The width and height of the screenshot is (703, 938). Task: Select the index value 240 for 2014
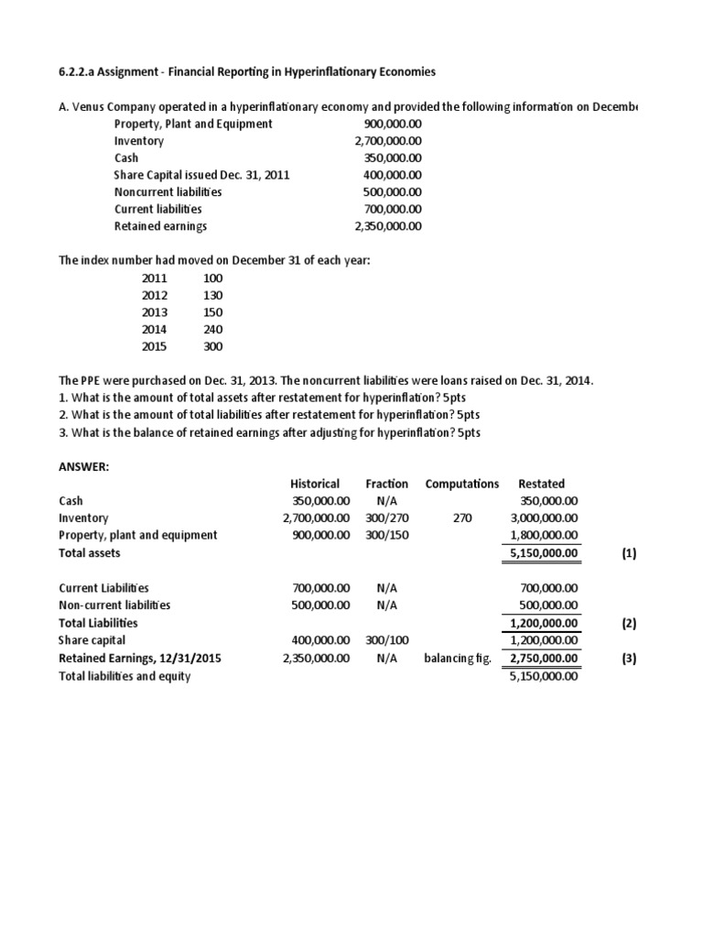pyautogui.click(x=212, y=330)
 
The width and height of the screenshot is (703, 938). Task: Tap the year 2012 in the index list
pyautogui.click(x=155, y=296)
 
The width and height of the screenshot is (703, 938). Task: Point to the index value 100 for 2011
pyautogui.click(x=212, y=278)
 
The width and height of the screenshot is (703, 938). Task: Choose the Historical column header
pyautogui.click(x=315, y=484)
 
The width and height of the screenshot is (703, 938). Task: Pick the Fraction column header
pyautogui.click(x=386, y=484)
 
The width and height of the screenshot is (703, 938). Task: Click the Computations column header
pyautogui.click(x=461, y=484)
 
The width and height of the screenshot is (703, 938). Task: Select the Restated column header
pyautogui.click(x=541, y=484)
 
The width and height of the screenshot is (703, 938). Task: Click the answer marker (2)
pyautogui.click(x=628, y=623)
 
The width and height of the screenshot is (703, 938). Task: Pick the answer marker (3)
pyautogui.click(x=628, y=658)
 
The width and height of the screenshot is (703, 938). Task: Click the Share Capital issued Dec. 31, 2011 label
pyautogui.click(x=201, y=175)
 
